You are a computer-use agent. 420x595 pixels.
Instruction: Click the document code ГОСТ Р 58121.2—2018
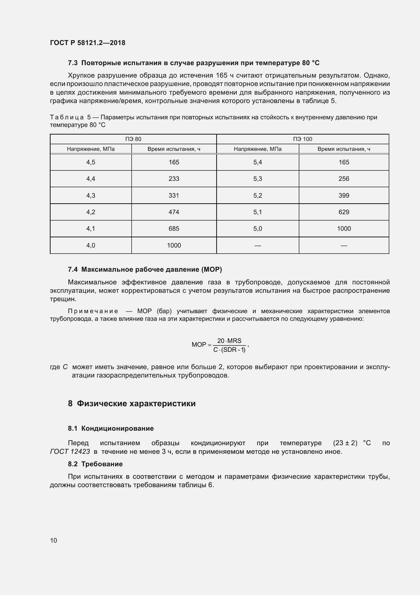pyautogui.click(x=87, y=43)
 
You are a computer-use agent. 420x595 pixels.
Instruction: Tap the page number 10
pyautogui.click(x=54, y=540)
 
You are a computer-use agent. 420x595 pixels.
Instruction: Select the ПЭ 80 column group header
pyautogui.click(x=133, y=139)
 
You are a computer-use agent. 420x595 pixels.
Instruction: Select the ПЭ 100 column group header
pyautogui.click(x=303, y=139)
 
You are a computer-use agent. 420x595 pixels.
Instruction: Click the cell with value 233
pyautogui.click(x=174, y=179)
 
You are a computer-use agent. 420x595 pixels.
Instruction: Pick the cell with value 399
pyautogui.click(x=344, y=195)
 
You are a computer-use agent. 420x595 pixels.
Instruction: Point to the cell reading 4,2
pyautogui.click(x=91, y=212)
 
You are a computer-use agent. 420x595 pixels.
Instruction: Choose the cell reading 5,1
pyautogui.click(x=257, y=212)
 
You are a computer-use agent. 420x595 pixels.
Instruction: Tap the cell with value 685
pyautogui.click(x=174, y=229)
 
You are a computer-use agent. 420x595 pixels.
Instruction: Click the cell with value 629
pyautogui.click(x=344, y=212)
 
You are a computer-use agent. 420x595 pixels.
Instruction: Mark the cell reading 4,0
pyautogui.click(x=91, y=245)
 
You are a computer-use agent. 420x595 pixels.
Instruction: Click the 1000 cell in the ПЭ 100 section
pyautogui.click(x=344, y=229)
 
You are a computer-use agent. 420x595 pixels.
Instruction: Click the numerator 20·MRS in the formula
pyautogui.click(x=229, y=341)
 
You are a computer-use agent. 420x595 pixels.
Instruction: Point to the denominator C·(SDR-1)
pyautogui.click(x=229, y=350)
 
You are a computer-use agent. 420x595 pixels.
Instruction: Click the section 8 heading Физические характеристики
pyautogui.click(x=132, y=403)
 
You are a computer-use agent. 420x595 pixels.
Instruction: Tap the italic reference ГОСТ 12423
pyautogui.click(x=70, y=452)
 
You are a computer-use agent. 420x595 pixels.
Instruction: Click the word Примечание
pyautogui.click(x=93, y=311)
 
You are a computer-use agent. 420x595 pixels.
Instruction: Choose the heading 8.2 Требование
pyautogui.click(x=95, y=464)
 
